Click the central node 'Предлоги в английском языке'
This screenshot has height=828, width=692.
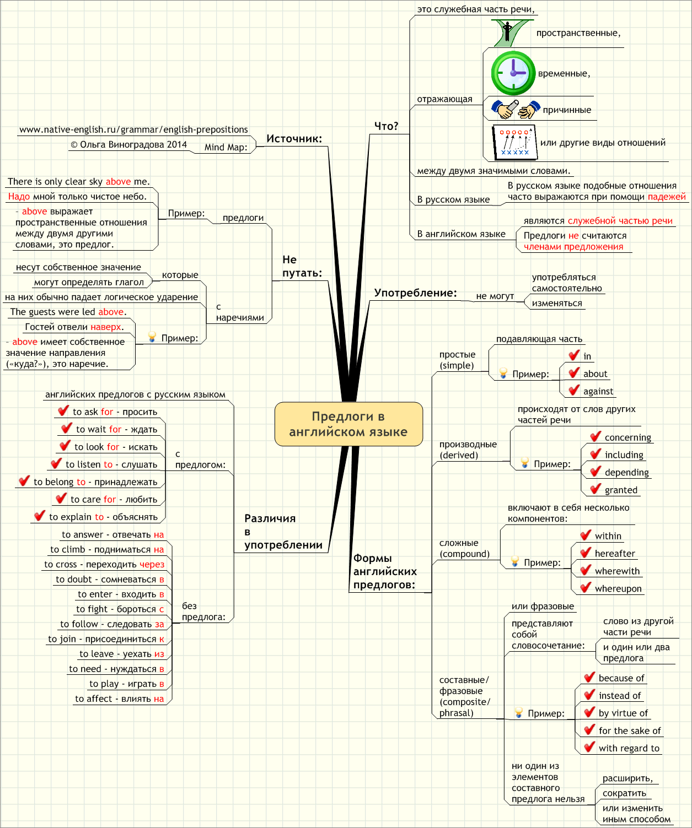(x=348, y=424)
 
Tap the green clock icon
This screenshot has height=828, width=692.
(x=513, y=73)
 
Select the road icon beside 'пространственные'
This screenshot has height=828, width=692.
(x=511, y=34)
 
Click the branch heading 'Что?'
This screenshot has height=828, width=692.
(x=386, y=126)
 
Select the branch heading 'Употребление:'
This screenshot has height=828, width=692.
(x=415, y=293)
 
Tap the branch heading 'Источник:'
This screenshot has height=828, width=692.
(x=294, y=139)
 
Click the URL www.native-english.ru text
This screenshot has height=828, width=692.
(x=133, y=129)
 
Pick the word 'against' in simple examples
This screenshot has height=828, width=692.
(x=598, y=391)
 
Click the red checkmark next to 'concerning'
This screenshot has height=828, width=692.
(x=596, y=436)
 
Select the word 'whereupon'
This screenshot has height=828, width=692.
(x=618, y=588)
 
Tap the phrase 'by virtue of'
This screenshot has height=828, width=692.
(x=623, y=713)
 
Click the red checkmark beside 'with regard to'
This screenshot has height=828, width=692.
(x=589, y=747)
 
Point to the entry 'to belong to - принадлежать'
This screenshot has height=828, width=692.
(x=95, y=482)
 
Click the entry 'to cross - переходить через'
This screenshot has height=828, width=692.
(x=104, y=564)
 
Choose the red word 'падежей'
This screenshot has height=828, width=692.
(x=667, y=197)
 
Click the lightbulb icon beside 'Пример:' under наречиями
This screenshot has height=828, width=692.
(x=152, y=337)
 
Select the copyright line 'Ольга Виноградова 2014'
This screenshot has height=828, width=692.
(x=128, y=145)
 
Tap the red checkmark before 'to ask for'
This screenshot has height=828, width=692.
(x=63, y=411)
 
